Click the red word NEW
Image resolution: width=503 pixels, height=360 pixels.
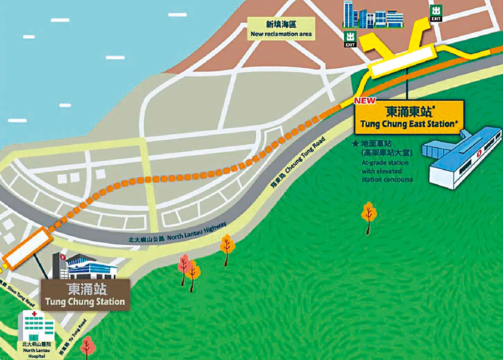(x=365, y=101)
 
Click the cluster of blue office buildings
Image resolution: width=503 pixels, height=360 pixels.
(x=372, y=15)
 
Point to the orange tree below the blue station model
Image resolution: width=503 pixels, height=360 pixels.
(x=368, y=216)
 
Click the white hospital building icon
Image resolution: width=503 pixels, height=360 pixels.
(x=37, y=327)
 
